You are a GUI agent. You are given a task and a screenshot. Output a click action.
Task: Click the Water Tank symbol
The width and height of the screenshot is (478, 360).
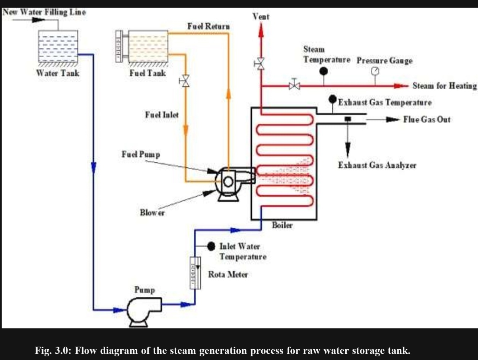pos(58,46)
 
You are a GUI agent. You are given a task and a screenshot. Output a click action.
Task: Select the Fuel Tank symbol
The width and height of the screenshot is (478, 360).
pos(148,46)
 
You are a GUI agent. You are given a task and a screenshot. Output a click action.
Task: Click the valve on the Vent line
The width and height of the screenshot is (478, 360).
pos(261,63)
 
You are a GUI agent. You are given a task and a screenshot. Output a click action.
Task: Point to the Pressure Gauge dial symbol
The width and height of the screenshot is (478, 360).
pos(375,71)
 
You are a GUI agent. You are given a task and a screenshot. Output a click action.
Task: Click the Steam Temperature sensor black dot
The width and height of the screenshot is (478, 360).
pos(323,71)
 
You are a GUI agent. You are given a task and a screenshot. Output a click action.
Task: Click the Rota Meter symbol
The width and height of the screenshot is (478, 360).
pos(195,272)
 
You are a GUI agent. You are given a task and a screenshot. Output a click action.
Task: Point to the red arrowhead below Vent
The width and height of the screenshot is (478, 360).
pos(261,30)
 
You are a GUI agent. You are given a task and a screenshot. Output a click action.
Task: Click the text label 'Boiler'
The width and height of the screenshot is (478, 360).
pos(282,225)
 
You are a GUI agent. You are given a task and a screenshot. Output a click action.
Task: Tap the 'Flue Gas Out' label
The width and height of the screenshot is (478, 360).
pos(426,119)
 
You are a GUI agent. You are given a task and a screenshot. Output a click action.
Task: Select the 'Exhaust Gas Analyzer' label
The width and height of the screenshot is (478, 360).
pos(377,165)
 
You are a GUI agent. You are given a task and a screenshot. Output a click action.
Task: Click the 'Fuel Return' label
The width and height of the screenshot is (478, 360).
pos(208,26)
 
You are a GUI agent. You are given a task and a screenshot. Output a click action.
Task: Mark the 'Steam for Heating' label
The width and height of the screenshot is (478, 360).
pos(444,85)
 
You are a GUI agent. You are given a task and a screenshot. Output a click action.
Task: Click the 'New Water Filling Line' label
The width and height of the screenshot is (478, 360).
pos(44,12)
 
